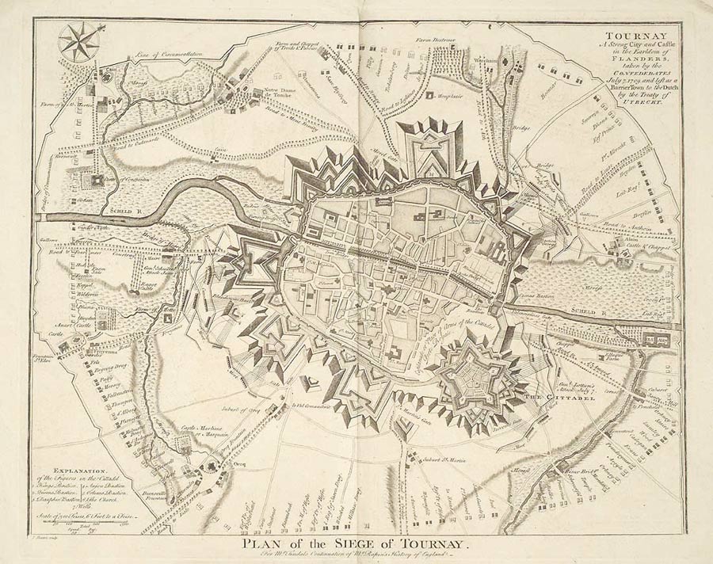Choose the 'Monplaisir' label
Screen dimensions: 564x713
coord(451,96)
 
